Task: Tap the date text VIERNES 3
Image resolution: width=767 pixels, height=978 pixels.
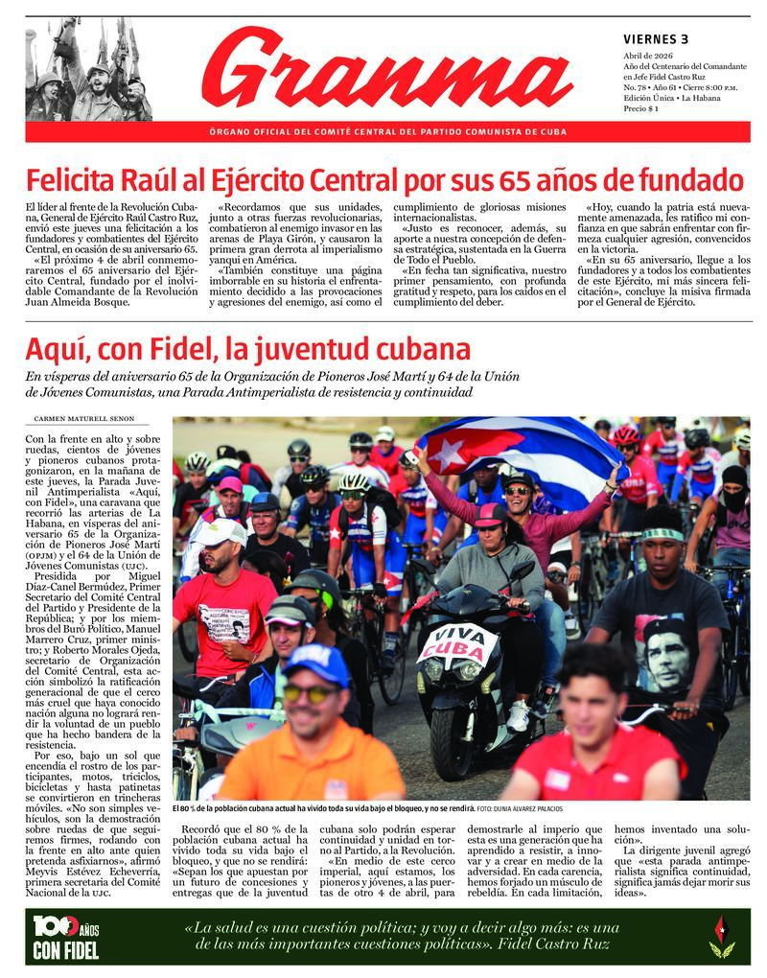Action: click(656, 39)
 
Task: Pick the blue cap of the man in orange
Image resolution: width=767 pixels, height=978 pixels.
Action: click(316, 663)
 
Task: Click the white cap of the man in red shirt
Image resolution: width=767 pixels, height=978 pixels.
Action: click(221, 531)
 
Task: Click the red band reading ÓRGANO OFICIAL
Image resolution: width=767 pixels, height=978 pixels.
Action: click(387, 131)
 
